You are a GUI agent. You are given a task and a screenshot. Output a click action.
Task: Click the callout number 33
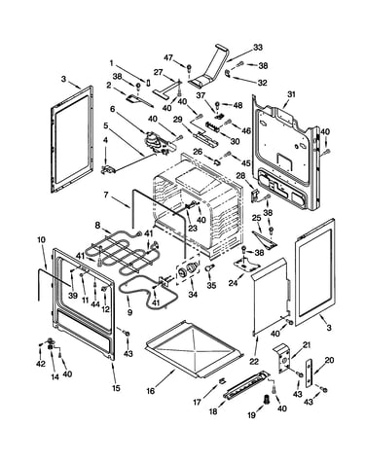tap(257, 48)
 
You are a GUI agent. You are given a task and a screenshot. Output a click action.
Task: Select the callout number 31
tap(291, 94)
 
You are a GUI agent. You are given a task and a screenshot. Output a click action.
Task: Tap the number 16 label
tap(151, 391)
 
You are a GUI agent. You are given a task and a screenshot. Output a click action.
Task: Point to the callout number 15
tap(116, 388)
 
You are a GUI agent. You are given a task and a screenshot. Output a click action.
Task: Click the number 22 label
tap(254, 361)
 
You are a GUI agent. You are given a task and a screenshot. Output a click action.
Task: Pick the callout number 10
tap(42, 240)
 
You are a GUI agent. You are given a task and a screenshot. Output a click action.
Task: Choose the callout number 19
tap(251, 415)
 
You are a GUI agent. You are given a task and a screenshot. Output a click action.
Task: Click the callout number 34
tap(193, 294)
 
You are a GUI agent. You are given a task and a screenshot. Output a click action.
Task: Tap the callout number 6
tap(113, 109)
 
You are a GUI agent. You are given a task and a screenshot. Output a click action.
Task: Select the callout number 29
tap(177, 120)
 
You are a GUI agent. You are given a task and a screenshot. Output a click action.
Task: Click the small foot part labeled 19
tap(267, 400)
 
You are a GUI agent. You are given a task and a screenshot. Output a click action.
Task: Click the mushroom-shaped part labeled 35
tap(210, 267)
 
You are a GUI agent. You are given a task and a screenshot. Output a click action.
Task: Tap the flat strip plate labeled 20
tap(309, 373)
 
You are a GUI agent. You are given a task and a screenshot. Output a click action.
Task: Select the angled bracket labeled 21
tap(281, 357)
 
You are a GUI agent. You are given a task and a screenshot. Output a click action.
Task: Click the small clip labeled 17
tap(222, 381)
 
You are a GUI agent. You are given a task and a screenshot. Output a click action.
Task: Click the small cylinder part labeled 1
tap(149, 82)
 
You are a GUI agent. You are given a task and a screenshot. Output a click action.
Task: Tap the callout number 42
tap(41, 364)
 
